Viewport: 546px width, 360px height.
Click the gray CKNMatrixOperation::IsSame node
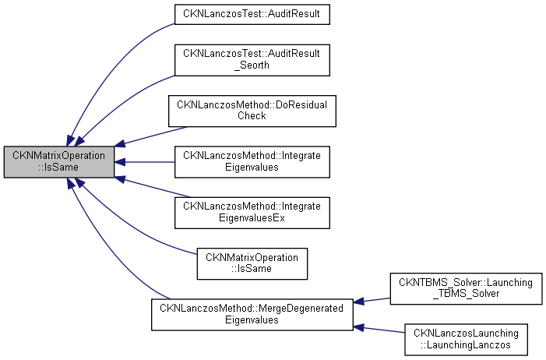pos(59,162)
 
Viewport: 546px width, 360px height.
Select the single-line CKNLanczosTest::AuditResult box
pos(252,14)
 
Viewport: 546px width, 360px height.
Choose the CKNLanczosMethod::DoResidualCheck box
pos(252,110)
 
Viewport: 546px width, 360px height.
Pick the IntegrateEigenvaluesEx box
pos(252,212)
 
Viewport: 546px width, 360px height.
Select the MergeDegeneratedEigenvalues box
pos(252,312)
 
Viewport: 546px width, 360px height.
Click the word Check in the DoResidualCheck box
pos(252,115)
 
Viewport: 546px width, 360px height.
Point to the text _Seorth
pos(252,65)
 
